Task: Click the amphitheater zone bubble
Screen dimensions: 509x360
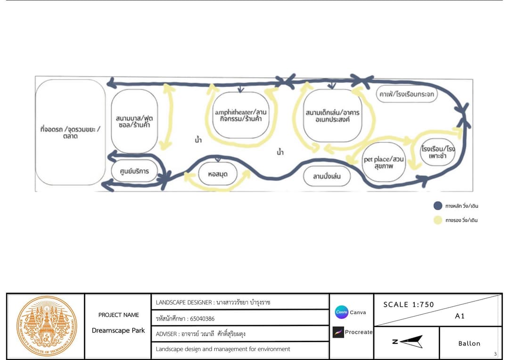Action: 240,115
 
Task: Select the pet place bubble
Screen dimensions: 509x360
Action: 383,162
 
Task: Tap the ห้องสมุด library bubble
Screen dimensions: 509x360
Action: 217,174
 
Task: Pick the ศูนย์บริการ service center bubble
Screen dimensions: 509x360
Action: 134,171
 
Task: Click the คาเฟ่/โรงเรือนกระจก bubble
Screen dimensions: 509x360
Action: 406,94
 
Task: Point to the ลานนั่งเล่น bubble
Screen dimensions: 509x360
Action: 327,176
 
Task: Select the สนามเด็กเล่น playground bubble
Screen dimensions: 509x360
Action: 332,115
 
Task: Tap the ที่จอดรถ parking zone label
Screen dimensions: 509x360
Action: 70,132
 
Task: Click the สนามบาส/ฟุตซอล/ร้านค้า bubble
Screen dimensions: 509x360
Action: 134,121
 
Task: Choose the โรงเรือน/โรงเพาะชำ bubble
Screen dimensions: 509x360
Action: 437,152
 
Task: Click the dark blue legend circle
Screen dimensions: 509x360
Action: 438,206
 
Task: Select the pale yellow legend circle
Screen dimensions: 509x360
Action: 438,220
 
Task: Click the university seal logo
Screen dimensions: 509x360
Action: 47,326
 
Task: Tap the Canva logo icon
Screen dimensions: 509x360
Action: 342,312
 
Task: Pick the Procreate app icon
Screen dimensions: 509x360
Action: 338,332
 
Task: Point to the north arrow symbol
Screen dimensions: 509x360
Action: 408,342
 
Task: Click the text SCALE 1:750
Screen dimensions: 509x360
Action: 408,304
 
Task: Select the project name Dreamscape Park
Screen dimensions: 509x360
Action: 118,330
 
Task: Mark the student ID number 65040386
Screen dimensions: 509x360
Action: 202,319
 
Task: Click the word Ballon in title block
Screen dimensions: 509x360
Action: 469,344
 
